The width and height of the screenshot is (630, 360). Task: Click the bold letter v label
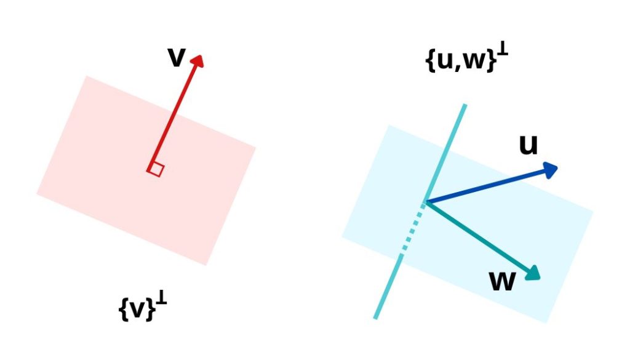click(176, 57)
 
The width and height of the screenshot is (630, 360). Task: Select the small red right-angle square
click(156, 169)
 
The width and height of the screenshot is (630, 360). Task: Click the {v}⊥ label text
click(142, 308)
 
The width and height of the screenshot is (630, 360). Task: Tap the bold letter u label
click(528, 145)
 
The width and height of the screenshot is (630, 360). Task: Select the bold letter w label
click(502, 281)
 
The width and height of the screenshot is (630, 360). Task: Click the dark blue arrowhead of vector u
click(549, 169)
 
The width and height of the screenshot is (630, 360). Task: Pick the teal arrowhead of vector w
click(532, 273)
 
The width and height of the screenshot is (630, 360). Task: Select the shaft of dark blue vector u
click(486, 186)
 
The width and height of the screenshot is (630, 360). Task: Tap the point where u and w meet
click(426, 202)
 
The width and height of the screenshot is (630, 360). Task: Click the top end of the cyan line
click(465, 106)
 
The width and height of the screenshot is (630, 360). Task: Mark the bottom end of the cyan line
click(375, 318)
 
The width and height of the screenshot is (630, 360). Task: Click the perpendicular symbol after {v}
click(161, 300)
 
